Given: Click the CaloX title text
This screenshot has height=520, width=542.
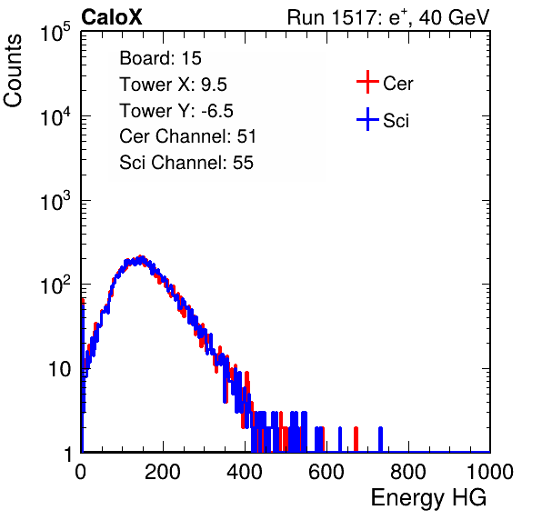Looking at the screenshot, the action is (x=112, y=17).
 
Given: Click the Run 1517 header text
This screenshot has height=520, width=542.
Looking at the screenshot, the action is (x=388, y=17).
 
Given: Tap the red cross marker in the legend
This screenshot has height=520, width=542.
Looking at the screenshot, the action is (x=367, y=82).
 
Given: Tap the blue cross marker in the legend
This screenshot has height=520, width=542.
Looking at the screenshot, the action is (x=367, y=119).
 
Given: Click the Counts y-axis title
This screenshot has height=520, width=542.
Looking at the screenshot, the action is (x=13, y=71).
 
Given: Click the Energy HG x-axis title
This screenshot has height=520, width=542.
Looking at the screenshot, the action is (x=428, y=498).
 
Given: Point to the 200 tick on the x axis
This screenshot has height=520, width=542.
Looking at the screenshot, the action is (x=163, y=471).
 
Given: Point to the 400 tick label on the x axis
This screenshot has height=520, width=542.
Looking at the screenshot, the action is (x=245, y=471).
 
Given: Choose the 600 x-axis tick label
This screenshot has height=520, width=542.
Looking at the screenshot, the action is (x=326, y=471).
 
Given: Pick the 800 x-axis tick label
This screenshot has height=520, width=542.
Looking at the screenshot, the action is (x=408, y=471).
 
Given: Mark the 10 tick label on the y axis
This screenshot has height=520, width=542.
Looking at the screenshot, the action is (x=60, y=369).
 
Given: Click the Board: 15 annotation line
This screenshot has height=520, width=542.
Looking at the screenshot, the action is (x=160, y=58).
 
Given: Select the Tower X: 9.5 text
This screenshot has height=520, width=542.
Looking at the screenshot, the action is (x=173, y=85).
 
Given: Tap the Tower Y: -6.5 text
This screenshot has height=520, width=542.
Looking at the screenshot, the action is (x=176, y=111).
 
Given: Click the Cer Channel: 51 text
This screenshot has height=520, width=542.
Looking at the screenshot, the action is (x=187, y=136).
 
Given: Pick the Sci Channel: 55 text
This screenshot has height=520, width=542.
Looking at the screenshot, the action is (x=186, y=163).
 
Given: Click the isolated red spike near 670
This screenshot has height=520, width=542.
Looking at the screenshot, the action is (x=356, y=439).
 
